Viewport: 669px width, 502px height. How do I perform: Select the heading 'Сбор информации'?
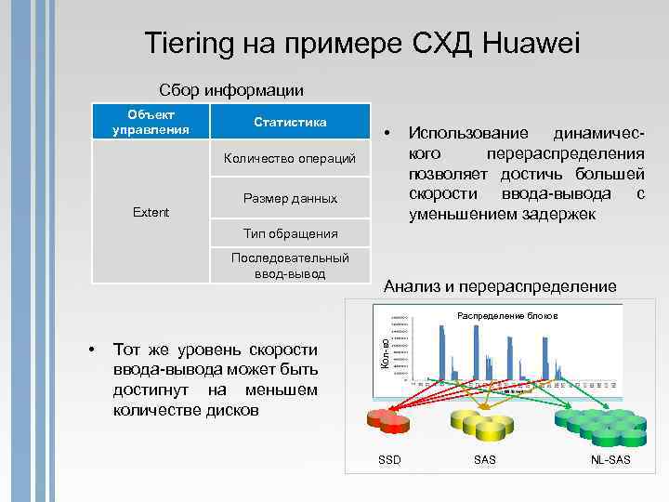point(231,90)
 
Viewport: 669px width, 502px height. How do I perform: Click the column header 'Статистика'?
point(290,122)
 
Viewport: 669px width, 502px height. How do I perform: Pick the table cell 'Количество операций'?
point(290,159)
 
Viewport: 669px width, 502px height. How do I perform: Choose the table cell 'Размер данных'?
point(290,198)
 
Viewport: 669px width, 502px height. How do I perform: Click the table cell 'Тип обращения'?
point(290,233)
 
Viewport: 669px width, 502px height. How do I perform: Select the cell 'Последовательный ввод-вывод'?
point(290,265)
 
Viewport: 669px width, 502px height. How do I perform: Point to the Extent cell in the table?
point(151,212)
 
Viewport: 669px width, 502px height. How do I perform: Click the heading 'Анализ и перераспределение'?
point(500,286)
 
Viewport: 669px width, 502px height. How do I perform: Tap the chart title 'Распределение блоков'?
point(507,316)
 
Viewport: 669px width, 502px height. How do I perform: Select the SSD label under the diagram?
point(390,460)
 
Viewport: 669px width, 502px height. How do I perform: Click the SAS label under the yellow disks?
point(484,460)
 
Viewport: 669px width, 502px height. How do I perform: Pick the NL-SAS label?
point(610,460)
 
